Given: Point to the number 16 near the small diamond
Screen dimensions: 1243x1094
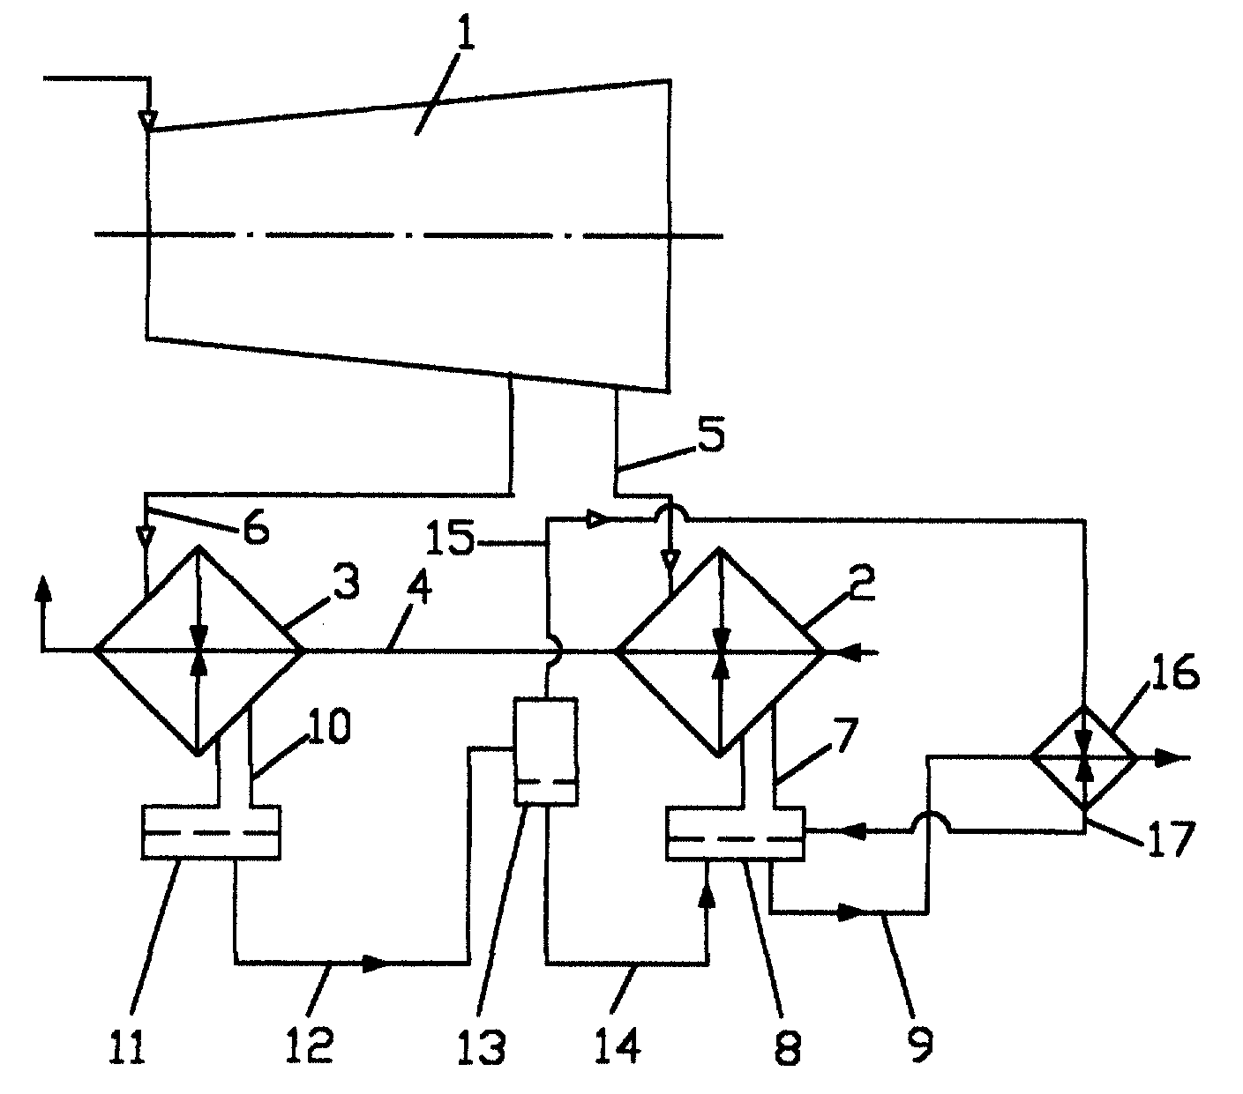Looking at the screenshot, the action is (x=1176, y=671).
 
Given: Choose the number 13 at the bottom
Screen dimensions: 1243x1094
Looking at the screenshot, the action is (x=483, y=1046).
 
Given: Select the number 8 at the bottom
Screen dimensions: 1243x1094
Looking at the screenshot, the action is (x=788, y=1046).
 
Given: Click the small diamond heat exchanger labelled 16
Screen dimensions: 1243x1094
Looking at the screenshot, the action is (x=1084, y=757).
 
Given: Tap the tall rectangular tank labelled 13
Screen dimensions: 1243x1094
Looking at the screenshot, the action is (x=545, y=750).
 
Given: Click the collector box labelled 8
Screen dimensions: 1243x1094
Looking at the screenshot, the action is (x=735, y=834).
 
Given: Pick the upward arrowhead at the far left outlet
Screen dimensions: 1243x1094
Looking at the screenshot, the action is (x=42, y=589).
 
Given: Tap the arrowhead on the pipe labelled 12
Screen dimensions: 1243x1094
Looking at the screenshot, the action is (x=375, y=964).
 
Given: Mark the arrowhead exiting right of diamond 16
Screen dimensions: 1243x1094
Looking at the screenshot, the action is (x=1168, y=758).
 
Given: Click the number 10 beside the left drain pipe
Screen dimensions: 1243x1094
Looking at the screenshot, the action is (x=328, y=726).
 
